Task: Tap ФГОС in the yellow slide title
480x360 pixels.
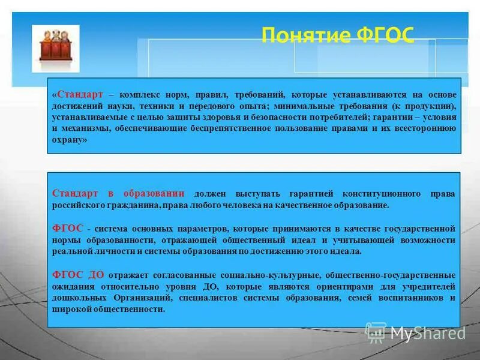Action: (x=385, y=35)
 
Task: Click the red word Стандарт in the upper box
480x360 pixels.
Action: (x=80, y=95)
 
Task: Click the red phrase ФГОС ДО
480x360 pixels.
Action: (x=79, y=275)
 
